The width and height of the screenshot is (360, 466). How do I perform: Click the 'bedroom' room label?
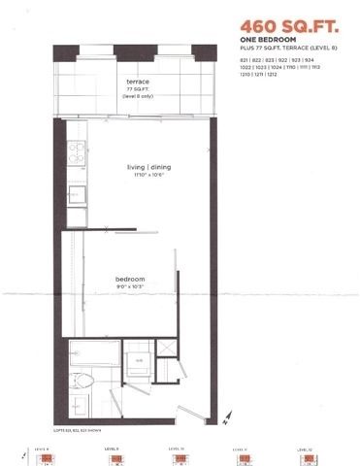coord(129,278)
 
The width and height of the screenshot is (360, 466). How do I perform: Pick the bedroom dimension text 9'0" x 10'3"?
coord(129,286)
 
